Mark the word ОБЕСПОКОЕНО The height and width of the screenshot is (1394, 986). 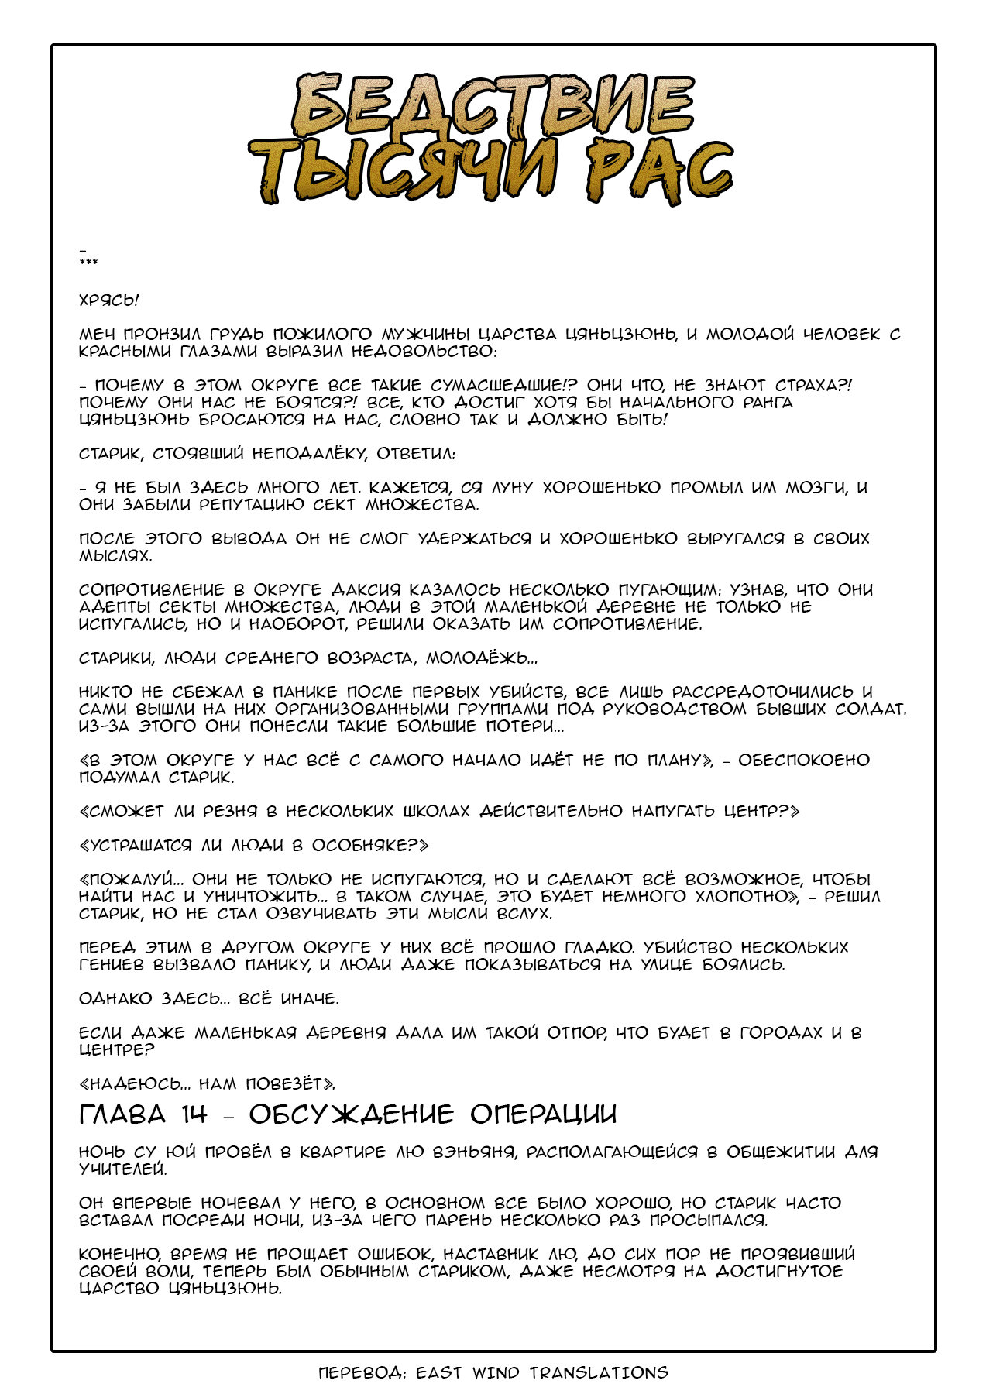[x=803, y=761]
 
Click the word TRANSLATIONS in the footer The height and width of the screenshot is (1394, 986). [x=599, y=1373]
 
